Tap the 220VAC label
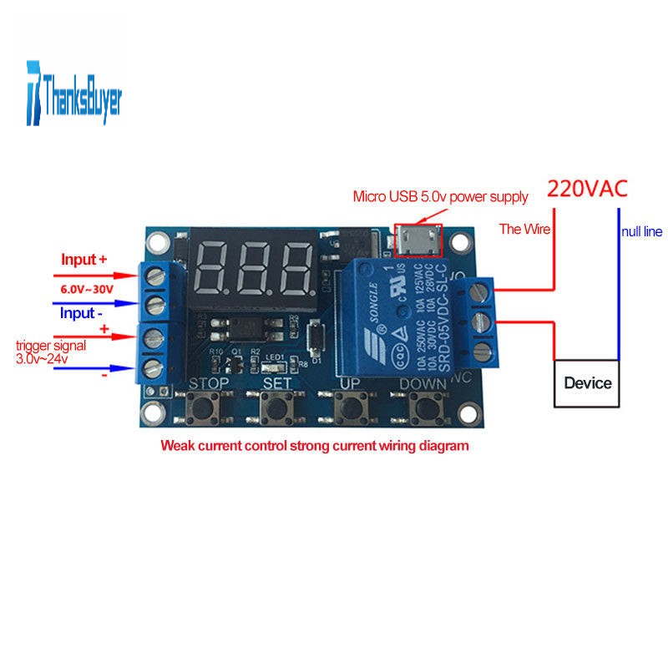pyautogui.click(x=586, y=188)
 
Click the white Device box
pyautogui.click(x=588, y=383)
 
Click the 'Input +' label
pyautogui.click(x=84, y=260)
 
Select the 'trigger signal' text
pyautogui.click(x=49, y=345)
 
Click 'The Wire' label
pyautogui.click(x=524, y=229)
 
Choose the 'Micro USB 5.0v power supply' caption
pyautogui.click(x=440, y=197)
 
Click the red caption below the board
pyautogui.click(x=315, y=446)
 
